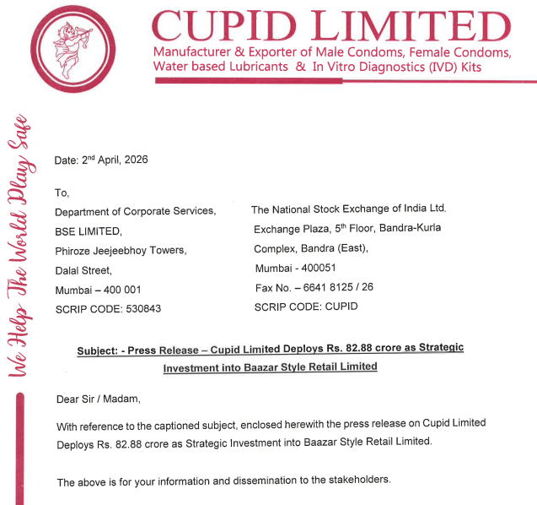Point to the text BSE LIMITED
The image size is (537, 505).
tap(89, 231)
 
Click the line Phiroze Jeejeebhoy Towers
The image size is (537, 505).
tap(121, 250)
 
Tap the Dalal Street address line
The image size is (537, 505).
tap(83, 269)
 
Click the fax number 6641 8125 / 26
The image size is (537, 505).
tap(341, 287)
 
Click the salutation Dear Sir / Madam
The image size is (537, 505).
tap(98, 398)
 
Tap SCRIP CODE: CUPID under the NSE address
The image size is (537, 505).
tap(305, 307)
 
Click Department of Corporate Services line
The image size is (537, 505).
tap(135, 211)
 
